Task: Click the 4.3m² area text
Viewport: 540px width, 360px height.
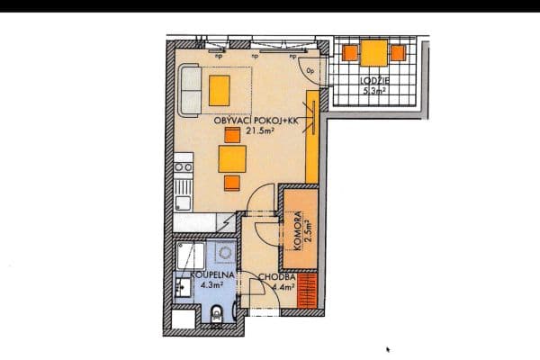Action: coord(205,286)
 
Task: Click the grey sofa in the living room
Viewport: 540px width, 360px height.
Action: coord(190,89)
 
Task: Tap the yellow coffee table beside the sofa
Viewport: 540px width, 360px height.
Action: coord(220,88)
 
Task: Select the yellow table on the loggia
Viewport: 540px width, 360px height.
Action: coord(373,53)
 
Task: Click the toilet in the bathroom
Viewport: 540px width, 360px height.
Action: coord(217,314)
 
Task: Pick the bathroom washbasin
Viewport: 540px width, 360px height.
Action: coord(183,287)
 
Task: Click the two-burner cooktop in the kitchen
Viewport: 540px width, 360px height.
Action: coord(184,166)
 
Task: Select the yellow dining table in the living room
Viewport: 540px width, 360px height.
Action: coord(232,160)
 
